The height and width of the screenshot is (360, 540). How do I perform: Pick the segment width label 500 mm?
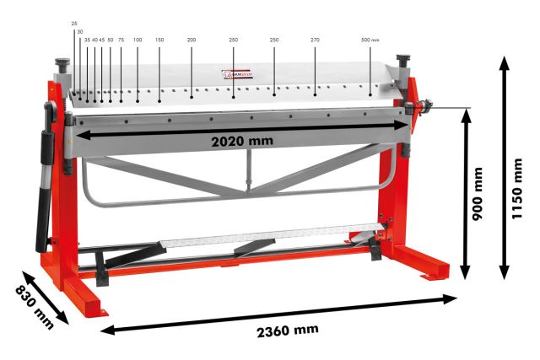[370, 40]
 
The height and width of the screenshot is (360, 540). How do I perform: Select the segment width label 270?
[315, 40]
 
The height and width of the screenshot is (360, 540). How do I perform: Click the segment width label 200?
[192, 40]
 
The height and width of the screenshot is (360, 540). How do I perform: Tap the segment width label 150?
[159, 40]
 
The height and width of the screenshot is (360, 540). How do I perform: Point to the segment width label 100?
[137, 40]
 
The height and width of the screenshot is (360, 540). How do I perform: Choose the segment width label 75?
[121, 40]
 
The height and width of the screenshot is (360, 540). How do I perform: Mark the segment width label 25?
[74, 24]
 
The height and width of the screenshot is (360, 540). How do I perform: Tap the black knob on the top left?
[62, 65]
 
